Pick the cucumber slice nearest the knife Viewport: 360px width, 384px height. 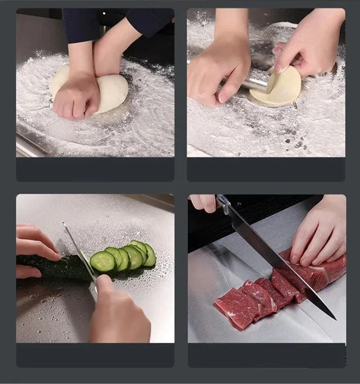(102, 261)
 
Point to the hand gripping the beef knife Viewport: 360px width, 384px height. (203, 203)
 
